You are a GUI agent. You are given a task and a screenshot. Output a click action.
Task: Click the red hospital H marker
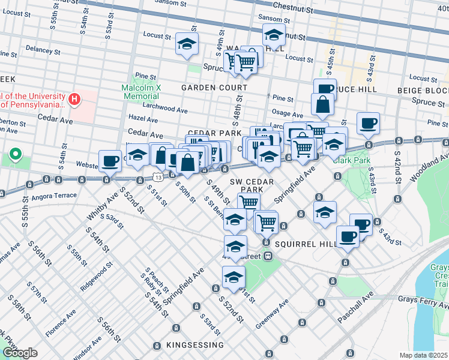tap(75, 99)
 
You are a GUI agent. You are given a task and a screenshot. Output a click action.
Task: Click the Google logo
tap(20, 353)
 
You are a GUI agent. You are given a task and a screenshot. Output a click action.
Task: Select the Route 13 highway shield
tap(157, 178)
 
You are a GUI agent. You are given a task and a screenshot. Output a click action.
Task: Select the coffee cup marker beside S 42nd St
tap(367, 124)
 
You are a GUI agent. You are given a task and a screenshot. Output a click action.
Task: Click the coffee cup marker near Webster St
tap(110, 160)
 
